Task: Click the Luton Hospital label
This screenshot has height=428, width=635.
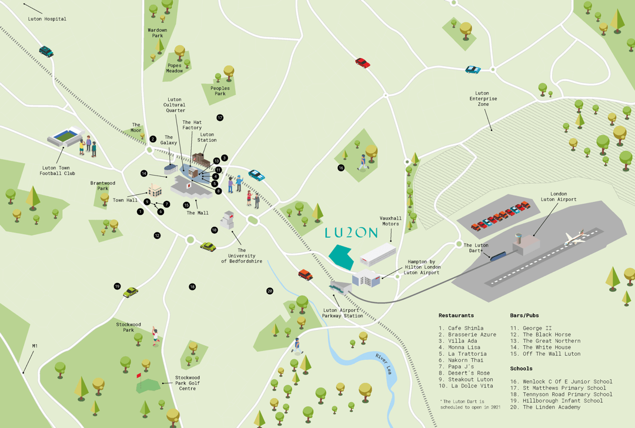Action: pyautogui.click(x=47, y=19)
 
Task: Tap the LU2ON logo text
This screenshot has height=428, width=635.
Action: pyautogui.click(x=351, y=232)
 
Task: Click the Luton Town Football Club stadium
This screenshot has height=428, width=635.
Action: pyautogui.click(x=66, y=137)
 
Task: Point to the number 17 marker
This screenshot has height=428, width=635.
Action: pyautogui.click(x=220, y=118)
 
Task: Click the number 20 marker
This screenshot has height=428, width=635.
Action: pyautogui.click(x=270, y=291)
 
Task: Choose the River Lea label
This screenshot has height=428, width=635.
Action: pyautogui.click(x=383, y=363)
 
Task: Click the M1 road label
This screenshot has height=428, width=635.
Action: pyautogui.click(x=35, y=346)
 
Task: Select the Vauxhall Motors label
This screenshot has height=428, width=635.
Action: pyautogui.click(x=390, y=221)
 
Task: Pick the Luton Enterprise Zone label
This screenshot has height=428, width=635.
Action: pyautogui.click(x=483, y=99)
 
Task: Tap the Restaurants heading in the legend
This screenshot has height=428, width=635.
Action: pyautogui.click(x=456, y=315)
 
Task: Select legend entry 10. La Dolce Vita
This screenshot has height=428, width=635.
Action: pyautogui.click(x=466, y=386)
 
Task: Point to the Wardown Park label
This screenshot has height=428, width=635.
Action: pyautogui.click(x=157, y=33)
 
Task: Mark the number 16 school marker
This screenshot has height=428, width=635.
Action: pyautogui.click(x=341, y=167)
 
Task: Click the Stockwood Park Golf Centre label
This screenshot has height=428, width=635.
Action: pyautogui.click(x=188, y=383)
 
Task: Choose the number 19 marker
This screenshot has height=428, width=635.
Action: pyautogui.click(x=117, y=287)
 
